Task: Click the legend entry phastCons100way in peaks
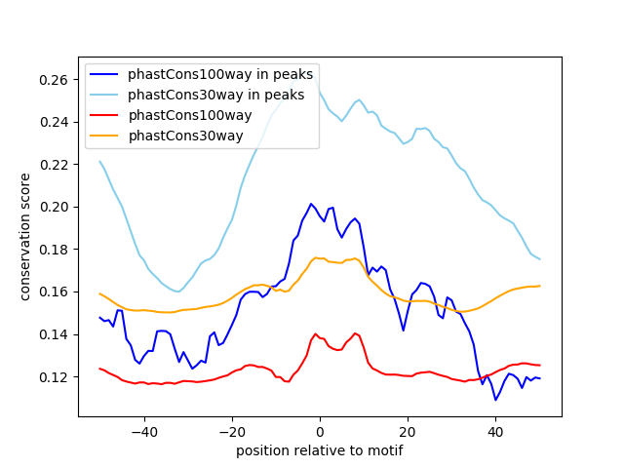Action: click(220, 74)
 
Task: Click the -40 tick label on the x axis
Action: click(144, 430)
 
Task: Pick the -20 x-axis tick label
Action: click(232, 430)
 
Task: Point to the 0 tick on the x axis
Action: click(320, 430)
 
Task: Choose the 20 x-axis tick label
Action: click(408, 430)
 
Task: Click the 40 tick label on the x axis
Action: click(495, 430)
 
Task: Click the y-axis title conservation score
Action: click(25, 237)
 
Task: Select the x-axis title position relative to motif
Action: click(319, 450)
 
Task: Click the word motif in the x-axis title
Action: click(384, 450)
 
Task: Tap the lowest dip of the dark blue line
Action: click(495, 400)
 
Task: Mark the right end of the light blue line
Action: click(539, 259)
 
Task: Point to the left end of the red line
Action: click(100, 369)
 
